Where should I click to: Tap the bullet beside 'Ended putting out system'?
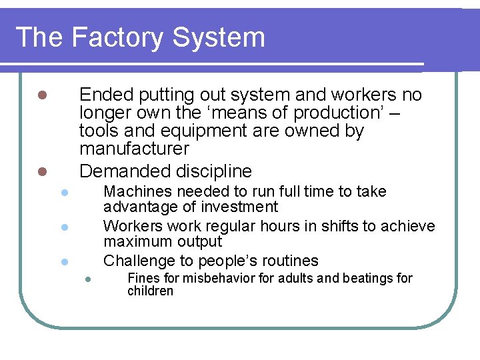pyautogui.click(x=41, y=95)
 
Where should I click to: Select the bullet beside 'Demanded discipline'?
pyautogui.click(x=41, y=171)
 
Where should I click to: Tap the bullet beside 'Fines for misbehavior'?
pyautogui.click(x=87, y=279)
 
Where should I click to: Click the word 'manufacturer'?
pyautogui.click(x=134, y=148)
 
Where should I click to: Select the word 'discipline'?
pyautogui.click(x=212, y=171)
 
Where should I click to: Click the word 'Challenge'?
pyautogui.click(x=141, y=261)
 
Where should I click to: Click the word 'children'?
pyautogui.click(x=150, y=291)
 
